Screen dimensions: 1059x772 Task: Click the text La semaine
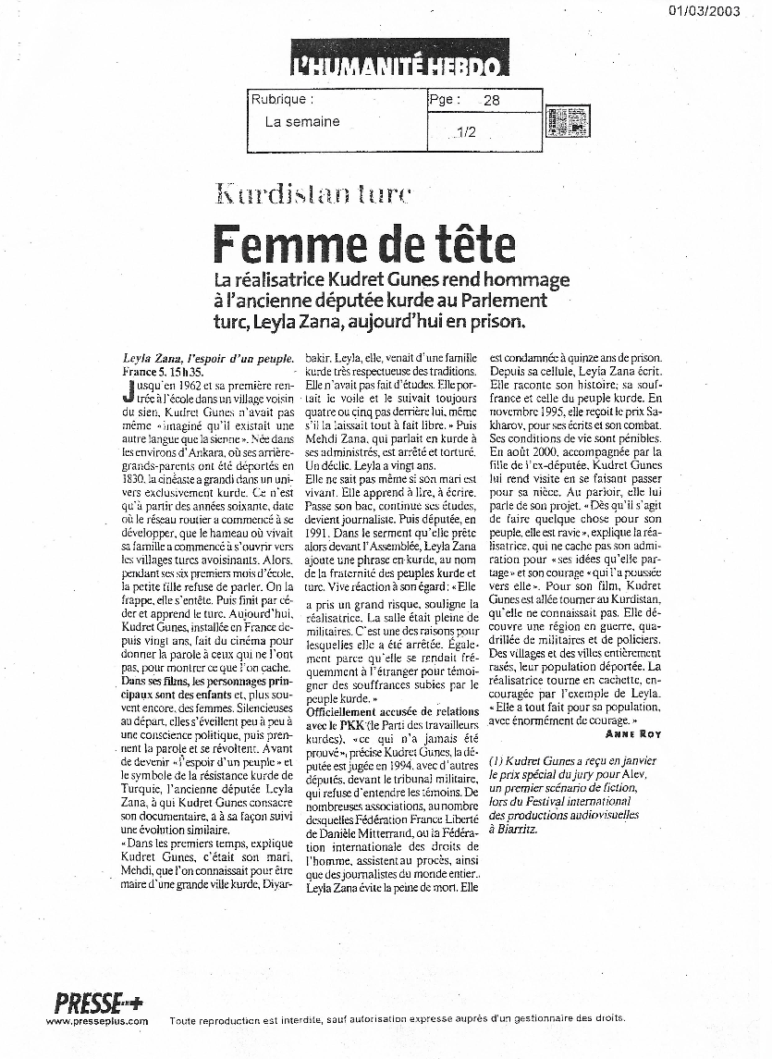(302, 121)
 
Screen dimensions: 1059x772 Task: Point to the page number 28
(491, 100)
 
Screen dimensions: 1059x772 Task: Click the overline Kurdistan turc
(312, 194)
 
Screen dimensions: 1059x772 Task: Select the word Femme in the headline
(278, 244)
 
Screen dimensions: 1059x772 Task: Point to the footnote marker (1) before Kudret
(497, 759)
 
